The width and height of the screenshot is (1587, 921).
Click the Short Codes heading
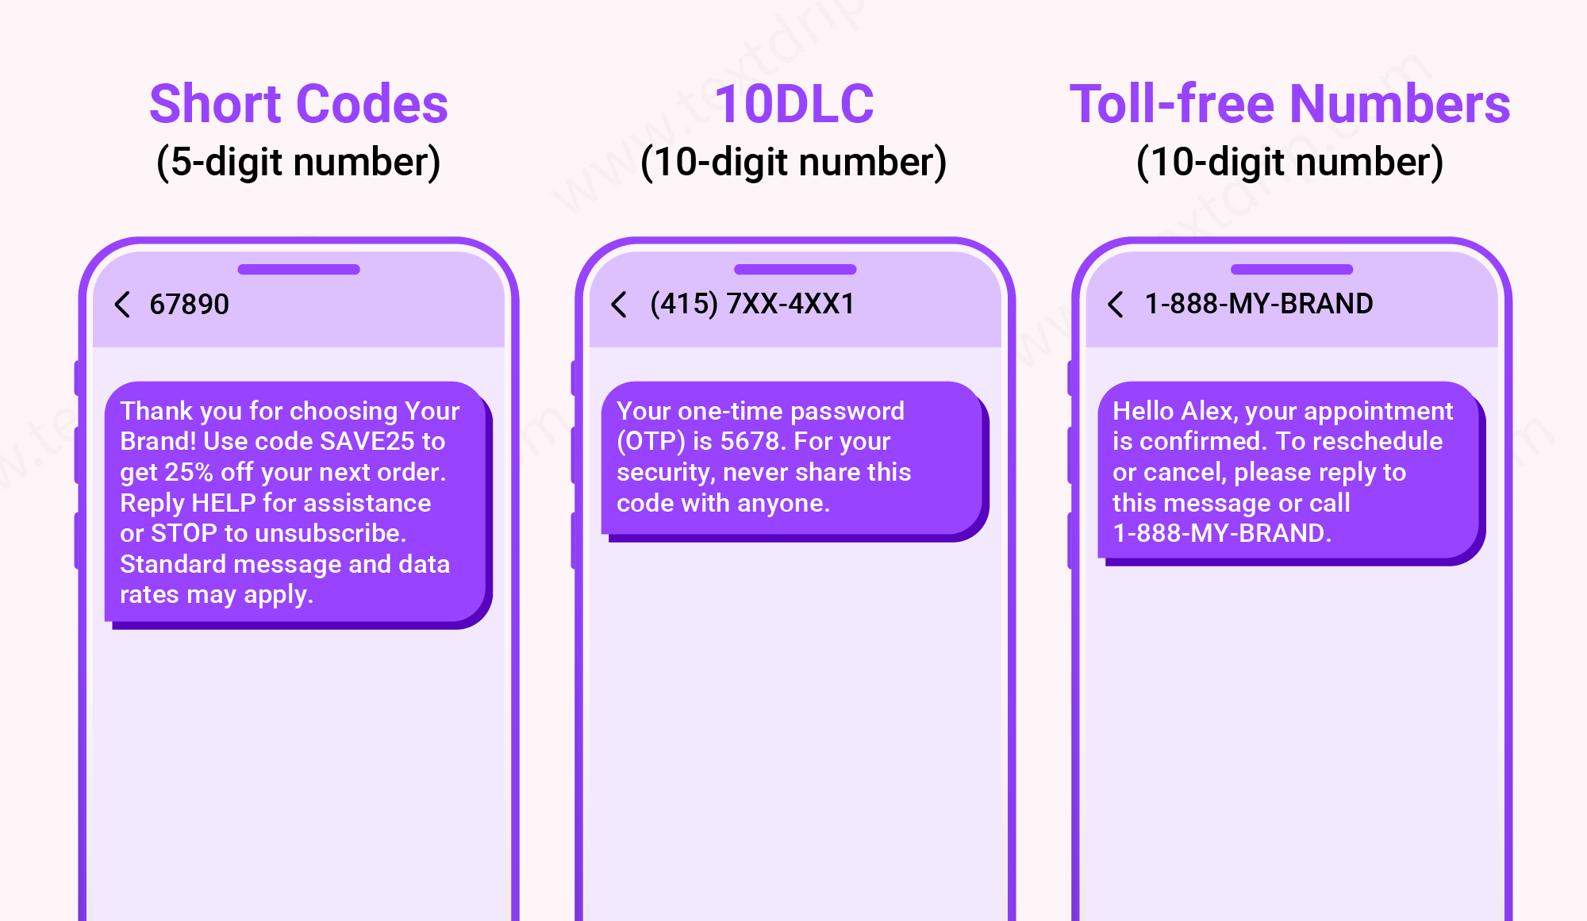coord(298,104)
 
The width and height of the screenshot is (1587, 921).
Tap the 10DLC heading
coord(793,104)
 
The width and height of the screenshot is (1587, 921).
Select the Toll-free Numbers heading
coord(1289,104)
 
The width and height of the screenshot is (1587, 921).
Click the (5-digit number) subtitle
coord(298,162)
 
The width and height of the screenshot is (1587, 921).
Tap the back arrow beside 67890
coord(122,304)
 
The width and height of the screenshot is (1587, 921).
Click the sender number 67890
coord(189,304)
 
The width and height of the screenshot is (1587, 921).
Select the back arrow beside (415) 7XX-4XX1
coord(619,304)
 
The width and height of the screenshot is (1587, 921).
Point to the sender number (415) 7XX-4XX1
coord(751,304)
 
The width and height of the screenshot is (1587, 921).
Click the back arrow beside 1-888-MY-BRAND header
coord(1115,304)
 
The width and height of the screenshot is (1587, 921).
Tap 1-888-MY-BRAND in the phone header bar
coord(1258,304)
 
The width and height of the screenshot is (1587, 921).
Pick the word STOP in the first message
coord(183,533)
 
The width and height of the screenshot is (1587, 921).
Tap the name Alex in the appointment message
coord(1208,411)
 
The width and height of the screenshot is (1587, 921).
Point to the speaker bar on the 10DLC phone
coord(795,270)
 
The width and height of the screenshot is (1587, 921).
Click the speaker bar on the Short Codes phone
coord(298,270)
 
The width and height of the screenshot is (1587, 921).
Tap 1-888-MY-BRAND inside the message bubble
coord(1220,533)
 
